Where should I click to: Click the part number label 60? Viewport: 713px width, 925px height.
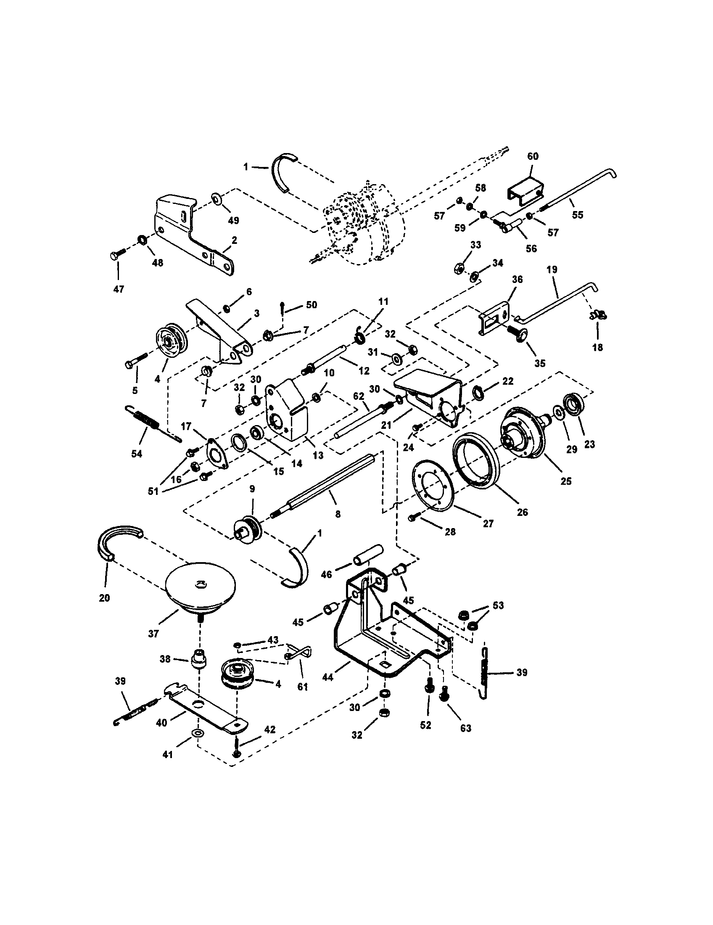pos(533,156)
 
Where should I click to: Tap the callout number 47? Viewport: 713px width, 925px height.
pos(119,289)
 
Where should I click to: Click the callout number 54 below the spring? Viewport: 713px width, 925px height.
pos(136,454)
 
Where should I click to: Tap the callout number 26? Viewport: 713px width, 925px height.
pos(523,512)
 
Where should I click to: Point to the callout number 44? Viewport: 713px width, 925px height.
pos(328,677)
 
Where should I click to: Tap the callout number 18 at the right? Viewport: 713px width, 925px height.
pos(597,347)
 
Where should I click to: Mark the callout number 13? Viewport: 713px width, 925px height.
pos(317,455)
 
